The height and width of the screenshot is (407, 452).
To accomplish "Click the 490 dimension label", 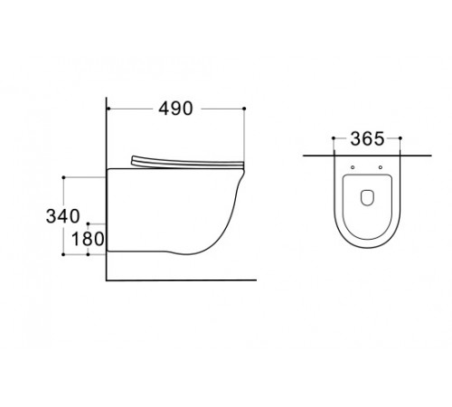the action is pos(175,109).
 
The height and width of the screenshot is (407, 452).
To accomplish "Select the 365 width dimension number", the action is pos(367,138).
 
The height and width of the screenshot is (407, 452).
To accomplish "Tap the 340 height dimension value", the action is pos(63,216).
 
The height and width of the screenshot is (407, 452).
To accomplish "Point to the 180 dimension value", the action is pos(88,239).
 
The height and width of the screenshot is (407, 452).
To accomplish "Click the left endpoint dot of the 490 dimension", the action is pos(108,109).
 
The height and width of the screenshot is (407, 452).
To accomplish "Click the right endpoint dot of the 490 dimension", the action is pos(244,109).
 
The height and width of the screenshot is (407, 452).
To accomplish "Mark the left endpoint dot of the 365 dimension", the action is pos(334,138).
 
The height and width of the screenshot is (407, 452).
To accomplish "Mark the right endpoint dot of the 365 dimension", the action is pos(400,138).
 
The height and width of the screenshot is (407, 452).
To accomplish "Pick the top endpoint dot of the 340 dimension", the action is pos(63,177).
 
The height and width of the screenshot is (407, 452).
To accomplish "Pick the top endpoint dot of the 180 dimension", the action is pos(88,223).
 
